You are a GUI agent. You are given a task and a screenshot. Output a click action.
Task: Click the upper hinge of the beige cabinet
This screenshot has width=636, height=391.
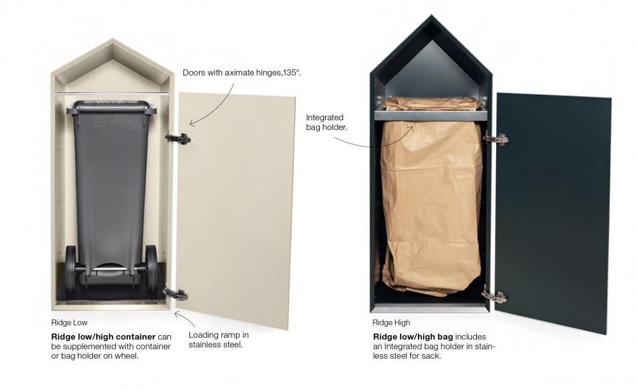pos(177,138)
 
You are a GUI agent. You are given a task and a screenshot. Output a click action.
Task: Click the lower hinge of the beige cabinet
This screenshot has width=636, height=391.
pos(176,294)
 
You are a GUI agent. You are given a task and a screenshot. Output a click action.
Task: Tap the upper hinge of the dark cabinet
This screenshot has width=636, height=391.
pos(495,139)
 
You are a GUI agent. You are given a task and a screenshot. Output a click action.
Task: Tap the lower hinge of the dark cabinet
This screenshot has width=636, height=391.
pos(494,296)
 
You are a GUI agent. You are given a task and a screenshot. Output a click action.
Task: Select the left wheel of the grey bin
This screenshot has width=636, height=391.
pos(70,268)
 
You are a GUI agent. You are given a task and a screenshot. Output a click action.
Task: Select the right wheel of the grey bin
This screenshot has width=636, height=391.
pos(151,268)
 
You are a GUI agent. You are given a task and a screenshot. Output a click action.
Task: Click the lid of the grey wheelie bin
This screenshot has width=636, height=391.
pos(110,106)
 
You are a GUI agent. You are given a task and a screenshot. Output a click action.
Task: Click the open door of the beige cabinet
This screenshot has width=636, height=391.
pos(237,209)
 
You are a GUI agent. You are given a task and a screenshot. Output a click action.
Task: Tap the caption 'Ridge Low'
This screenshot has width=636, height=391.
pos(69,322)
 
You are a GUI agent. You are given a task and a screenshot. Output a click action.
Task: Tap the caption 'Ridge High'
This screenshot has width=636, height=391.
pos(391,322)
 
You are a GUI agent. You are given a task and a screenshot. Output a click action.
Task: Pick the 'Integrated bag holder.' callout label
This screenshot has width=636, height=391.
pos(326,122)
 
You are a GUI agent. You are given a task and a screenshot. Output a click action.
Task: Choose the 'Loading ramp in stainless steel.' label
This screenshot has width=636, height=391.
pos(219,340)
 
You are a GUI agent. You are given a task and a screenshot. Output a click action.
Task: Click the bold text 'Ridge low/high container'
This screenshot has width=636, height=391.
pos(104,337)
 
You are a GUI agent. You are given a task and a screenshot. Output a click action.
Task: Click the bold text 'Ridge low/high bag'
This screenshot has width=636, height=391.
pos(413,337)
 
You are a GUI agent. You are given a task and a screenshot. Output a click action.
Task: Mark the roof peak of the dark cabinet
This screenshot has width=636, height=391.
pos(432,15)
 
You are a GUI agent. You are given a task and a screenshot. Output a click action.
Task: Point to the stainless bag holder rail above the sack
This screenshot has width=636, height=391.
pos(431,115)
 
